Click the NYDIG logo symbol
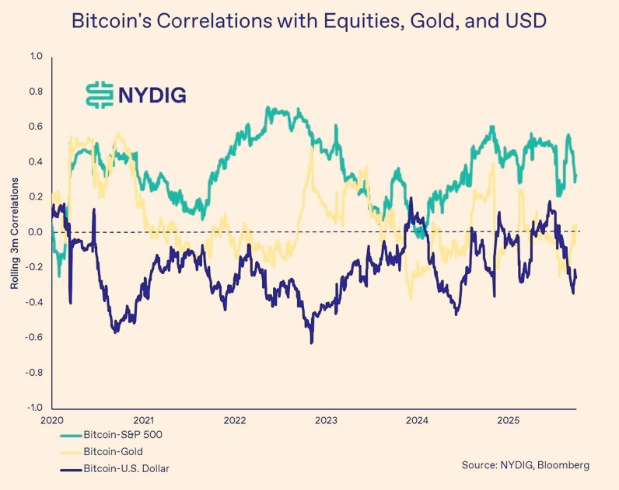tap(99, 93)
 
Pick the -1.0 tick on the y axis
tap(35, 408)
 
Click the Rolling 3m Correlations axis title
tap(15, 232)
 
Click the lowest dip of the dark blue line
tap(312, 342)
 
